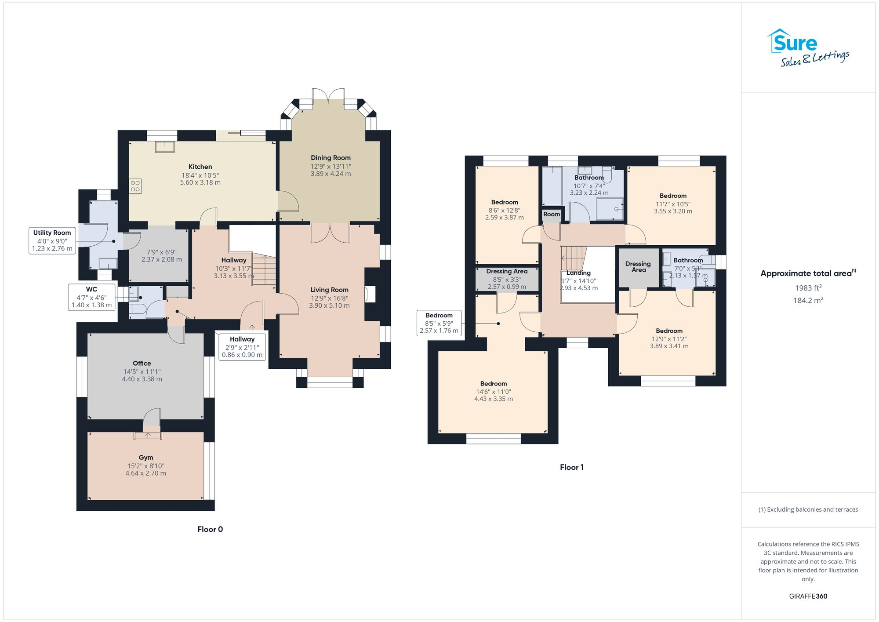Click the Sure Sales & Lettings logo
(x=808, y=48)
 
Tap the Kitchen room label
(x=200, y=167)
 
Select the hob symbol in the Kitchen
(x=135, y=186)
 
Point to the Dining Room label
(x=331, y=158)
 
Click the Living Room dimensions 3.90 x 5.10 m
(x=329, y=306)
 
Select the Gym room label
(x=146, y=458)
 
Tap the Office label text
(x=142, y=363)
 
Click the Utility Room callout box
(x=52, y=240)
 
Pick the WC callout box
(x=91, y=297)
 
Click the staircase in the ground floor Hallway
(x=264, y=270)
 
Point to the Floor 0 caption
(x=210, y=529)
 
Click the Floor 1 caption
(x=571, y=467)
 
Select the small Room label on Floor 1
(x=552, y=214)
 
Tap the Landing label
(x=578, y=273)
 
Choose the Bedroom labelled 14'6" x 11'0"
(x=493, y=384)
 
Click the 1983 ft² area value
(x=808, y=288)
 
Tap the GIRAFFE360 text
(x=808, y=596)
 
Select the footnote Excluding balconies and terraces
(x=808, y=509)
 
